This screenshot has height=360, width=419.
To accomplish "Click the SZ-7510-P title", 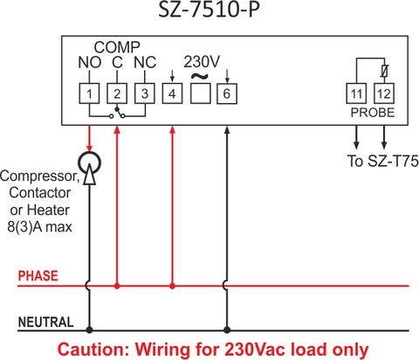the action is coord(209,10).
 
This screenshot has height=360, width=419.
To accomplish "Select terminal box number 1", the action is coord(89,93).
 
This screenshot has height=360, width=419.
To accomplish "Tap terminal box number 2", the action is coord(117,93).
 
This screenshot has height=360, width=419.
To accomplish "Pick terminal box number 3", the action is coord(144,93).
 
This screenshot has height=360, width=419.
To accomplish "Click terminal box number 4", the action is coord(172,93).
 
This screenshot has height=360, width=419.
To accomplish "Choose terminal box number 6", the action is coord(227,93).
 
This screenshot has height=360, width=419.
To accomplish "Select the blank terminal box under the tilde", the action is coord(201,93).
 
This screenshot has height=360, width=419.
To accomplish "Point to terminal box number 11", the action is coord(356,93).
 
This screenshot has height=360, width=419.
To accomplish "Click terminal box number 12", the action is coord(384,93).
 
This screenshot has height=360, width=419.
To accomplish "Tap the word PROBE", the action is coord(373,113).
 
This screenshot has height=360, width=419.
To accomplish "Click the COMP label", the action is coord(117,47).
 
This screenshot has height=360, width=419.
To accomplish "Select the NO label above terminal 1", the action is coord(90,62).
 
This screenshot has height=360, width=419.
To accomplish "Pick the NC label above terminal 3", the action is coord(145,62).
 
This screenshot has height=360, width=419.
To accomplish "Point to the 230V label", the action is coord(202,62).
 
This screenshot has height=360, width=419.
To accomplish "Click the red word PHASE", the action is coord(38,275).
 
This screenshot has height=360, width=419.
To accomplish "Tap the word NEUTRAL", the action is coord(45,322).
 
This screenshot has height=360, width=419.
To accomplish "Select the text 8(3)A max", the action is coord(39,227).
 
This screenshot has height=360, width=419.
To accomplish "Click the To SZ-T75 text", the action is coord(382,161).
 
